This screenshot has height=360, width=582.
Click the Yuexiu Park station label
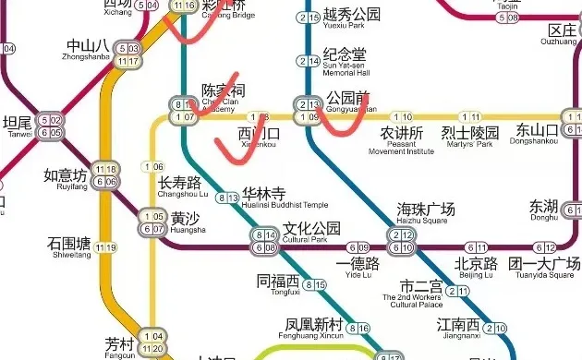click(x=352, y=18)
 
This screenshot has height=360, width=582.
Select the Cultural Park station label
click(x=311, y=232)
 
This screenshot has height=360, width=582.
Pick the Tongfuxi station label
click(x=278, y=285)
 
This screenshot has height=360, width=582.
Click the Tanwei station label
click(x=18, y=126)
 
